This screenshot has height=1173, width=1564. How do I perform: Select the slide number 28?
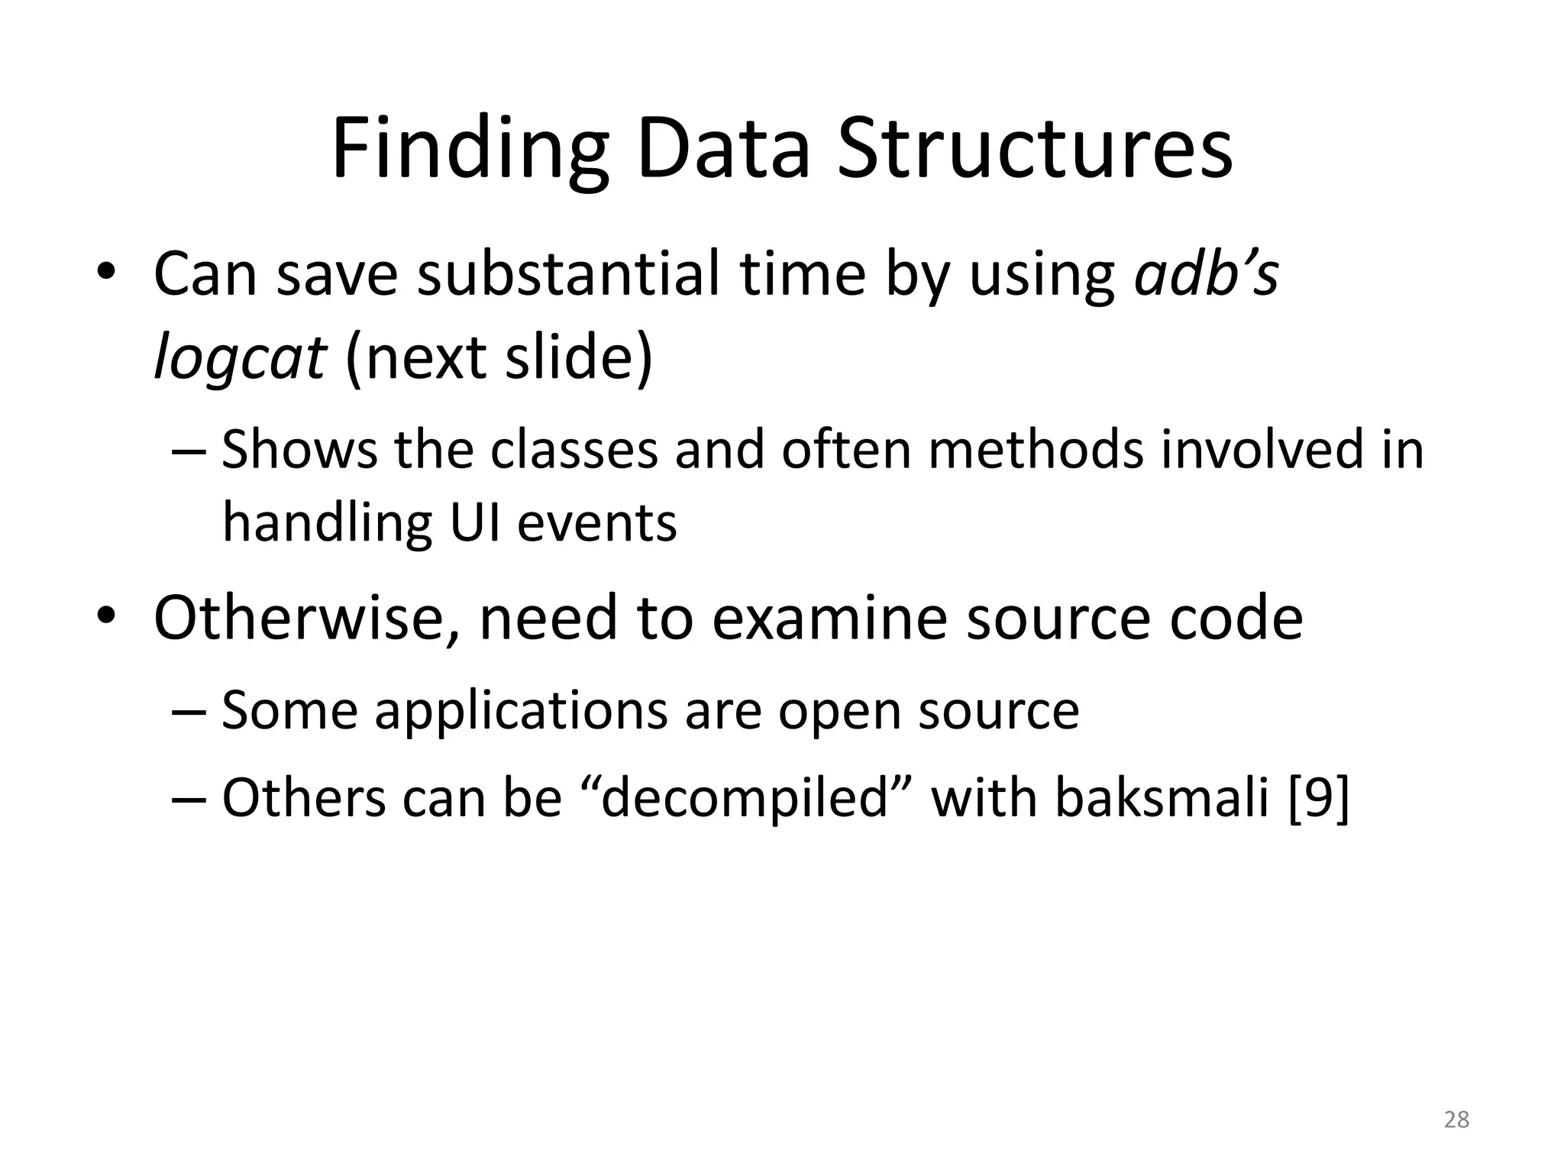[1456, 1120]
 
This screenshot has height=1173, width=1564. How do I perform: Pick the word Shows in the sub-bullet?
[299, 449]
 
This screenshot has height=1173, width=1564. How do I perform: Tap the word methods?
[1036, 449]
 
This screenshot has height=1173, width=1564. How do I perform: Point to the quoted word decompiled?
[747, 799]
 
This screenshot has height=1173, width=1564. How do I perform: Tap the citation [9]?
[1319, 799]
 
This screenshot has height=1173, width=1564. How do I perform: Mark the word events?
[596, 523]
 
